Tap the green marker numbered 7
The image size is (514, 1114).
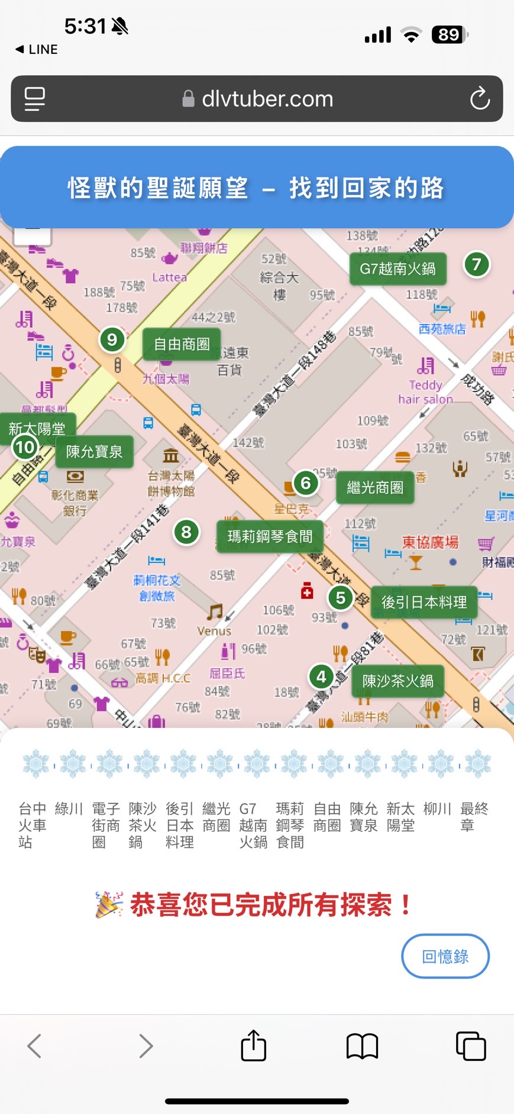(x=476, y=264)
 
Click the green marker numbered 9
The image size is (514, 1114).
(x=112, y=339)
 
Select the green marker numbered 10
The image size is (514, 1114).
(x=25, y=447)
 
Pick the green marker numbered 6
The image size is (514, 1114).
(x=305, y=483)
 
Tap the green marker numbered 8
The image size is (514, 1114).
(x=186, y=532)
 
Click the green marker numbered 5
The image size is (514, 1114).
(x=340, y=598)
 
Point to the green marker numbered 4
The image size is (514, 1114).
(x=321, y=676)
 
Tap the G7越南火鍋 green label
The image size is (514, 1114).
(x=397, y=269)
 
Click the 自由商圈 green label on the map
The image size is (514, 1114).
(x=182, y=344)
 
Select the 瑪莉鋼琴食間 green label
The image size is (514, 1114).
(x=270, y=536)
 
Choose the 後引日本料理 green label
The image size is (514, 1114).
(x=424, y=603)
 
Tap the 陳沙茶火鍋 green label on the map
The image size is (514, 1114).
(x=397, y=681)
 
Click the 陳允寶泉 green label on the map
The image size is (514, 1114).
(x=94, y=452)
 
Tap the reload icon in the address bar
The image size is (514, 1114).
(x=480, y=99)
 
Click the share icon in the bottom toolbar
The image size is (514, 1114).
(x=254, y=1045)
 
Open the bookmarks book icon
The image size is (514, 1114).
(x=362, y=1045)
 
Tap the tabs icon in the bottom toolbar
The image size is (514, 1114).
(x=471, y=1045)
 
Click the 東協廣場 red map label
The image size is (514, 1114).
(x=430, y=542)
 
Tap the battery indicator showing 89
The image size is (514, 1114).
(x=450, y=35)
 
